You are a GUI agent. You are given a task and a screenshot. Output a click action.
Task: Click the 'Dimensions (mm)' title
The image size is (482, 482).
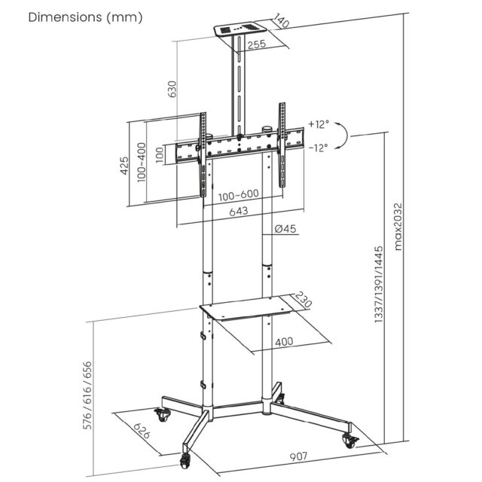pos(84,17)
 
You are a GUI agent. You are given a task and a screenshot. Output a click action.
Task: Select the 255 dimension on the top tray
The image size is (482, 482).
pos(258,44)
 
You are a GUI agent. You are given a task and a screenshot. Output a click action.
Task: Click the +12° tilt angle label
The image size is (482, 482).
pos(319,124)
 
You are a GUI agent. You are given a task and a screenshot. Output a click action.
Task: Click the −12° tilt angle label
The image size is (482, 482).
pos(319,148)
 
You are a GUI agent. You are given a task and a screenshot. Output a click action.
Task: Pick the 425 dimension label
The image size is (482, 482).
pos(125,165)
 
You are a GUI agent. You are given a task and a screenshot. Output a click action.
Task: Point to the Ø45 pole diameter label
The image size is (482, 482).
pos(284,229)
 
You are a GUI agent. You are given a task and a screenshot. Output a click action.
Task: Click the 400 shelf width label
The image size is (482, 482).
pos(284,342)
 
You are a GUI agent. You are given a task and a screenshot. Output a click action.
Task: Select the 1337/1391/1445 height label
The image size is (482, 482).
pos(379,285)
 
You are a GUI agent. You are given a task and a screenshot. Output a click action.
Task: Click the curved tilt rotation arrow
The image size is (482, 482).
pos(343,136)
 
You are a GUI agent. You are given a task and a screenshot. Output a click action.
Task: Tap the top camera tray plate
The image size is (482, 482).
pos(240,32)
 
